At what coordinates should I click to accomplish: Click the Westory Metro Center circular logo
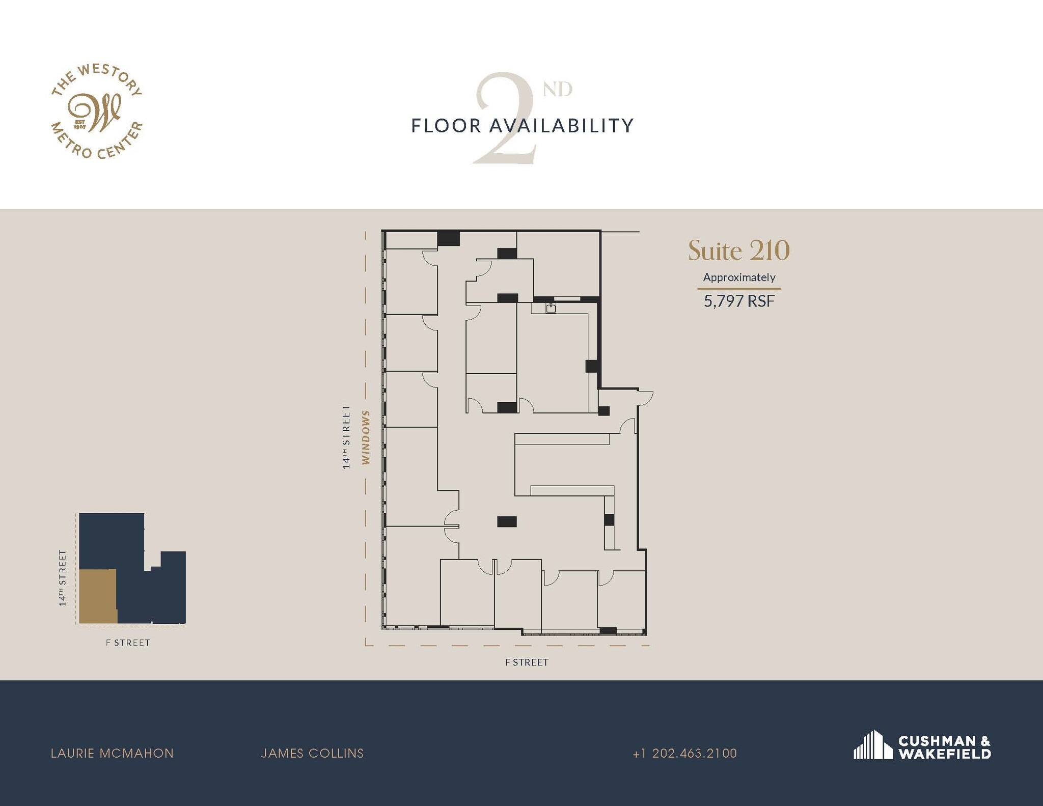pos(97,112)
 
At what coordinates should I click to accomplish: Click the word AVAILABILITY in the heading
pos(561,126)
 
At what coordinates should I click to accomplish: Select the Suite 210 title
pos(738,251)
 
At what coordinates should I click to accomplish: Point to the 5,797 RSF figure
pos(739,301)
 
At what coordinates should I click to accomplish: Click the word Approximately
pos(739,277)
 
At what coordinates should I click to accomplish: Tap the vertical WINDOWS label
pos(366,437)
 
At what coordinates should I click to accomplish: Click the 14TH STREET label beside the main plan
pos(346,437)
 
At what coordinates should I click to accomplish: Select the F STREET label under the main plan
pos(527,662)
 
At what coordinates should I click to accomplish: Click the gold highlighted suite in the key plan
pos(98,596)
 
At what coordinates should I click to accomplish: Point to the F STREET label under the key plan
pos(128,643)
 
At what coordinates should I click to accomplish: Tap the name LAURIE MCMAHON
pos(112,753)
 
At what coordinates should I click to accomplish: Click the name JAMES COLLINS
pos(312,753)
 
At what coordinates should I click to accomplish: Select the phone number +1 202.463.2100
pos(684,753)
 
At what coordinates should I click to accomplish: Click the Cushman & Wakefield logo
pos(922,747)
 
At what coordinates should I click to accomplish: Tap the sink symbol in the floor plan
pos(551,308)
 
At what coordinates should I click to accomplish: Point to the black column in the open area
pos(507,521)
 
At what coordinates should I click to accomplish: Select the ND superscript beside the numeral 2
pos(557,89)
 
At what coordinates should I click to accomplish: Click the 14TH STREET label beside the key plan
pos(63,578)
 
